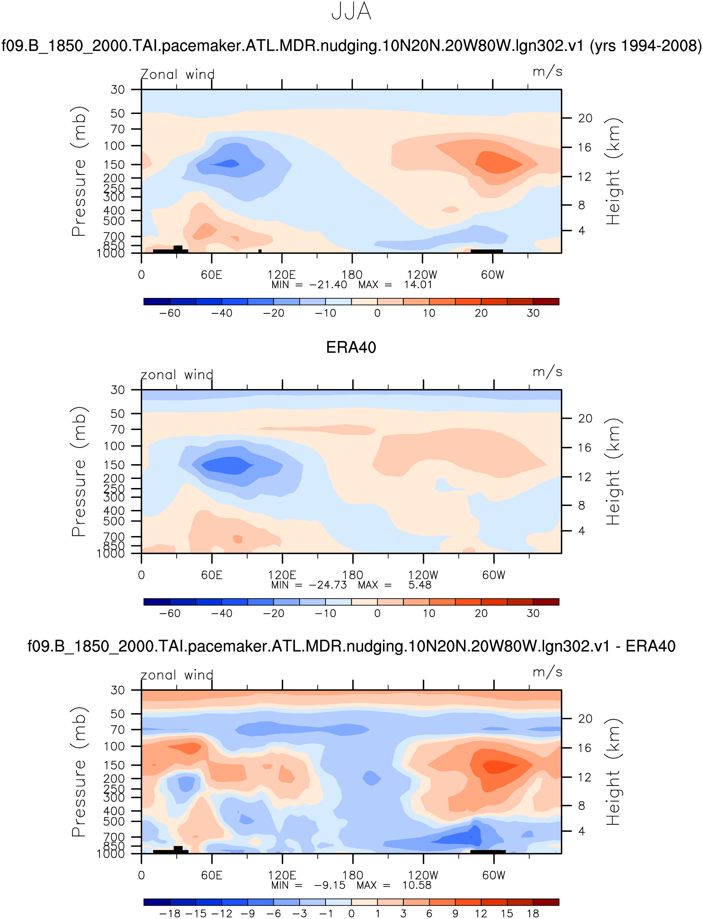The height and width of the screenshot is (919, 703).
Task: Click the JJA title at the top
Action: point(351,12)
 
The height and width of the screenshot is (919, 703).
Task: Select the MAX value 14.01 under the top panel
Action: point(418,285)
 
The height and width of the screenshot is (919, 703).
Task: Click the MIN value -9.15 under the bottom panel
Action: point(330,885)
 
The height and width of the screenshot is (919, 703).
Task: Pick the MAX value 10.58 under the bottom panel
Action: point(417,885)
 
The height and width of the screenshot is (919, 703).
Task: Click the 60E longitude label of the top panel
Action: point(211,275)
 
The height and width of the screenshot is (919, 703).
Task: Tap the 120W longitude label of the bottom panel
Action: point(423,875)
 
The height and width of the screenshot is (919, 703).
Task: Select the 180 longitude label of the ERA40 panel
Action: point(352,575)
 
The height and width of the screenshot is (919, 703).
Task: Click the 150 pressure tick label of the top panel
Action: point(114,165)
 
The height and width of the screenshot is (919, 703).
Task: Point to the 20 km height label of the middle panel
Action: point(585,419)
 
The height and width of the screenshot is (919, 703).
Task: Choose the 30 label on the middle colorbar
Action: point(533,613)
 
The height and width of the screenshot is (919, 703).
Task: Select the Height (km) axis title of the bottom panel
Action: point(613,772)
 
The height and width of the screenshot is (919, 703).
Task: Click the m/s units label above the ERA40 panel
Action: point(547,372)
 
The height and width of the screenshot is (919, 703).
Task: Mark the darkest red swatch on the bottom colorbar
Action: point(546,902)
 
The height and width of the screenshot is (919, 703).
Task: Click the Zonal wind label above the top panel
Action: point(177,74)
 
